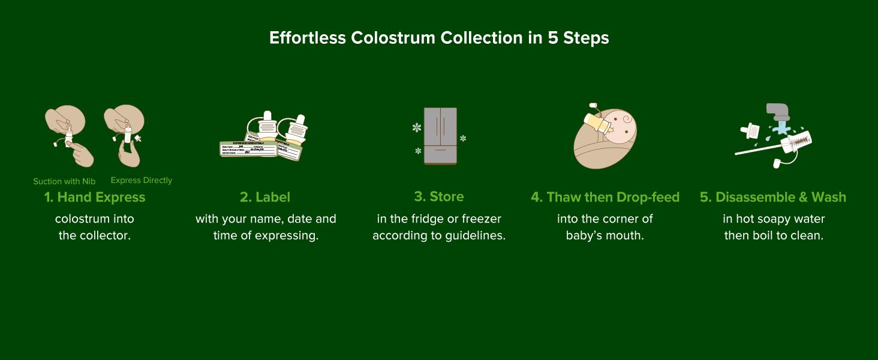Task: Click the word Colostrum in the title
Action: point(393,38)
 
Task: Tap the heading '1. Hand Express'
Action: point(95,197)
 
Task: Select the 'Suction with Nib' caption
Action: point(64,181)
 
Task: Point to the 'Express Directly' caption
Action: point(142,180)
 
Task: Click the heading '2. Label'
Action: point(265,197)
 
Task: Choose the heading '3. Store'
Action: point(439,196)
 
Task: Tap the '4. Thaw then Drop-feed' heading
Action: point(605,197)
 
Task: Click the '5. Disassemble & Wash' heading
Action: point(773,197)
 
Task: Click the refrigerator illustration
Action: point(440,136)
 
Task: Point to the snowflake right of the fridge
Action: point(463,139)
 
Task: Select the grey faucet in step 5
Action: point(778,113)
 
